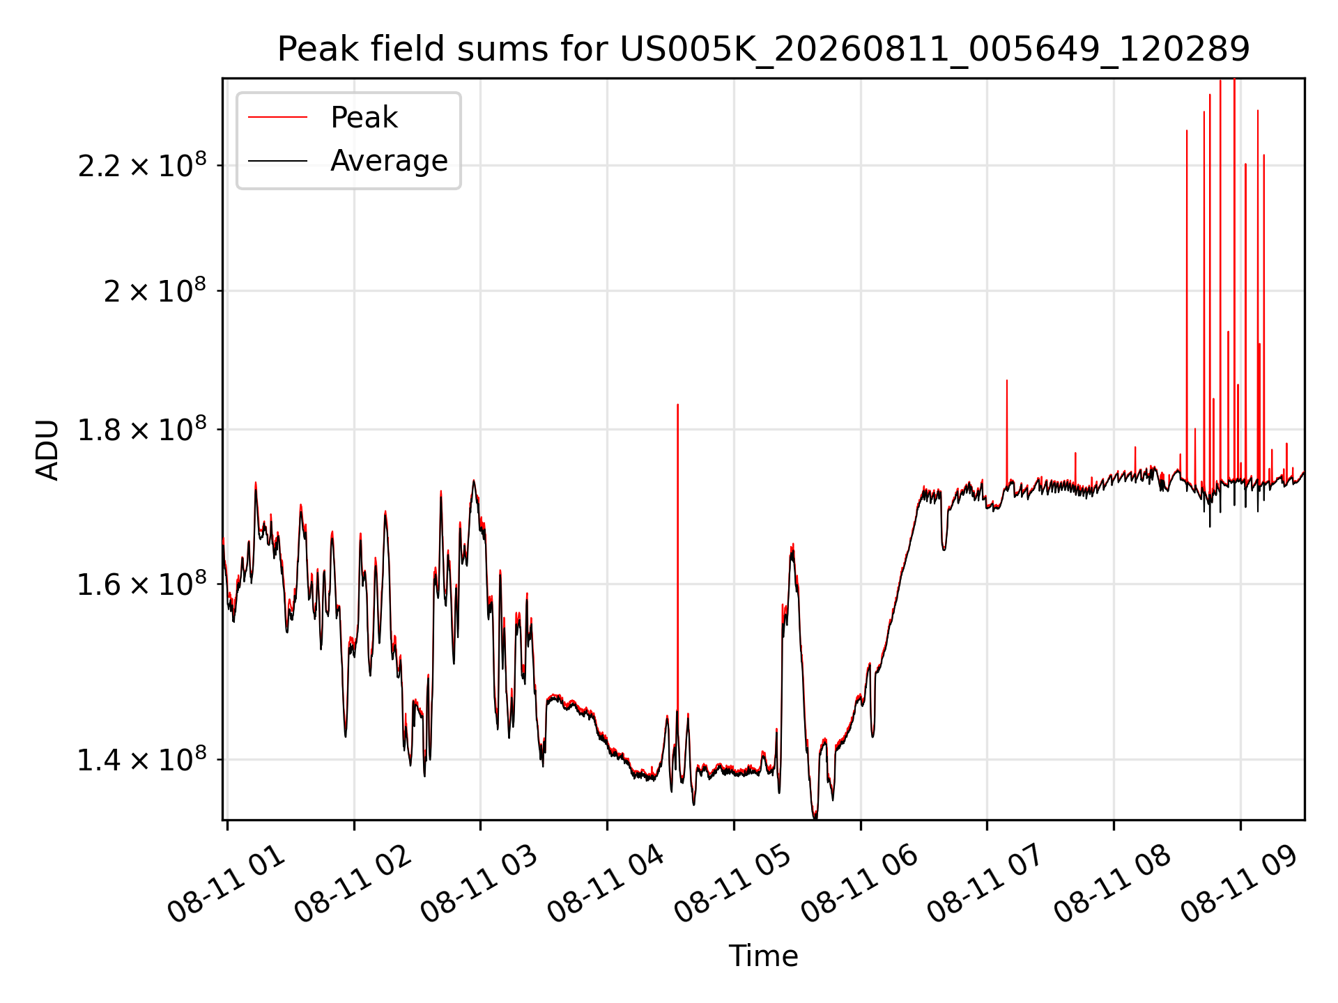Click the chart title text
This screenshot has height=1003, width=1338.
tap(764, 49)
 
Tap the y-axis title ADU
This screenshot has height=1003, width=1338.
tap(47, 449)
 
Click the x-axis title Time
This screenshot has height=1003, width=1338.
tap(763, 956)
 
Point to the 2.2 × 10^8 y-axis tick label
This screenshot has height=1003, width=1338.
tap(142, 165)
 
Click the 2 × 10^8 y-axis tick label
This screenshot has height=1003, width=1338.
tap(155, 290)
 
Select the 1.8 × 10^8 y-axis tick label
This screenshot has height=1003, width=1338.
tap(142, 429)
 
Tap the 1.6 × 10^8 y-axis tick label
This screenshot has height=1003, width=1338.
tap(142, 584)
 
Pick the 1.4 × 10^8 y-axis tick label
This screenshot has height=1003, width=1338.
tap(142, 759)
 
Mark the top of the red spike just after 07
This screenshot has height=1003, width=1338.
tap(1006, 380)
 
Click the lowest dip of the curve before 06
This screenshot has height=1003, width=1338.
tap(815, 817)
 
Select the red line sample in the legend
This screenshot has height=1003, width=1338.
tap(277, 118)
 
